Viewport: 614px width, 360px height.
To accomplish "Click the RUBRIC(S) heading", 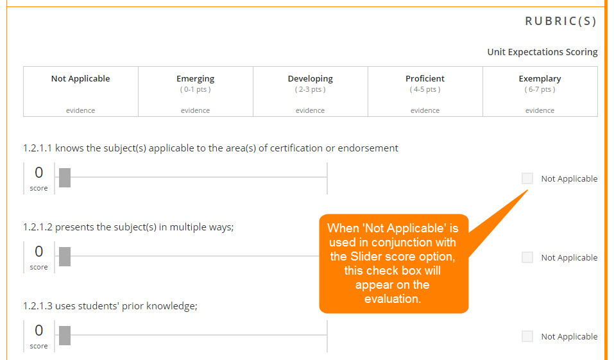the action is click(560, 21).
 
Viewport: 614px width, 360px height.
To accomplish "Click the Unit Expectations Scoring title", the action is click(542, 52).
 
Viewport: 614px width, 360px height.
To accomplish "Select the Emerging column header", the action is click(196, 79).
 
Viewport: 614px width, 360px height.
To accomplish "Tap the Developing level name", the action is click(310, 79).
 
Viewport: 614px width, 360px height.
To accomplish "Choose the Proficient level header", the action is click(425, 78).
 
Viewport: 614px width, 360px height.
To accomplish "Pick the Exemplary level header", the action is click(540, 79).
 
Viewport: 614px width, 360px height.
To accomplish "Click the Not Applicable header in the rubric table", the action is click(80, 78).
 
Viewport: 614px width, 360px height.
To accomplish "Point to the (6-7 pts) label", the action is click(540, 89).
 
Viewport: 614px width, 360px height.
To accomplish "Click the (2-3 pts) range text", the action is click(310, 89).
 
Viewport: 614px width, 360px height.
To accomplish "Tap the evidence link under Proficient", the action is click(425, 110).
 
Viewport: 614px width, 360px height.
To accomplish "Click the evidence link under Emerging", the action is click(196, 110).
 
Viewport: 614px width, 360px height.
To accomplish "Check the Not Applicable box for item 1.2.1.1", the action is click(527, 178).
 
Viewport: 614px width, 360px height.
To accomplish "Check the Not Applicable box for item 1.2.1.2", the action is click(527, 257).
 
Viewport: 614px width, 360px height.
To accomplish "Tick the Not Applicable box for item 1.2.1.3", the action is click(527, 336).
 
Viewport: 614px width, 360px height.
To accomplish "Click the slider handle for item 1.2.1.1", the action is click(65, 178).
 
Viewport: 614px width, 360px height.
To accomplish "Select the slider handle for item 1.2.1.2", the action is click(65, 257).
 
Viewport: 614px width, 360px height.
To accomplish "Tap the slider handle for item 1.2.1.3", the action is click(65, 336).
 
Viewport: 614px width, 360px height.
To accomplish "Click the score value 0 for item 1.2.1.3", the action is click(38, 330).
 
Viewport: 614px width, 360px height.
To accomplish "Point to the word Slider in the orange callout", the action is click(366, 257).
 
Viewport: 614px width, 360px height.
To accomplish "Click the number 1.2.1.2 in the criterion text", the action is click(38, 227).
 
